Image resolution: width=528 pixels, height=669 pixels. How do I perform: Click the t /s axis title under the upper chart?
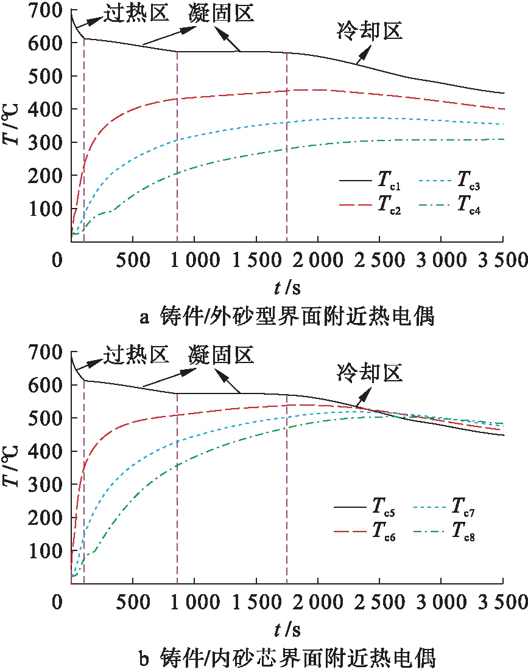[x=284, y=286]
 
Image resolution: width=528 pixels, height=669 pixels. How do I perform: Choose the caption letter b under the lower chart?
[x=144, y=657]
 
